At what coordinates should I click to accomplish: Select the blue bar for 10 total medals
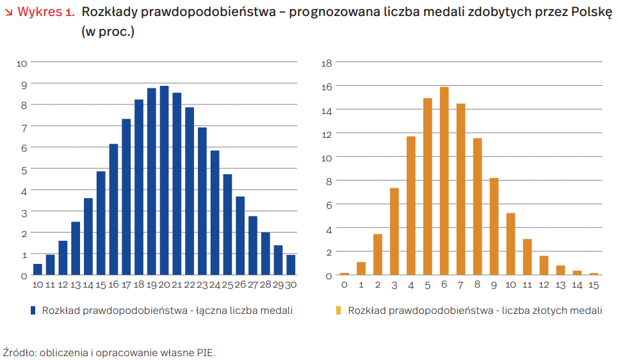coord(38,269)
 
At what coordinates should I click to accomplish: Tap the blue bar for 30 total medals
coord(291,265)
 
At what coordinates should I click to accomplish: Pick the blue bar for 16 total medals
coord(113,209)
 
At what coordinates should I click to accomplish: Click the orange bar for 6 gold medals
coord(444,181)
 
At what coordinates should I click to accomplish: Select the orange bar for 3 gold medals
coord(394,231)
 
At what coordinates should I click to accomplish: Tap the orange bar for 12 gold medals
coord(544,265)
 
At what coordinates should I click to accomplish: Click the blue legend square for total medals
coord(33,311)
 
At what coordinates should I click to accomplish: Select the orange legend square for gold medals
coord(339,311)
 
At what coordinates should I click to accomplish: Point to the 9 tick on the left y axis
coord(24,84)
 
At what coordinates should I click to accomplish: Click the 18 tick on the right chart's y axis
coord(325,63)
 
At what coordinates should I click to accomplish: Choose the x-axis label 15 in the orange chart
coord(594,284)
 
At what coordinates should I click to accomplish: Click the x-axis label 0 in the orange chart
coord(345,284)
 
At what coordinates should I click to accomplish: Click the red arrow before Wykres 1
coord(8,12)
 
